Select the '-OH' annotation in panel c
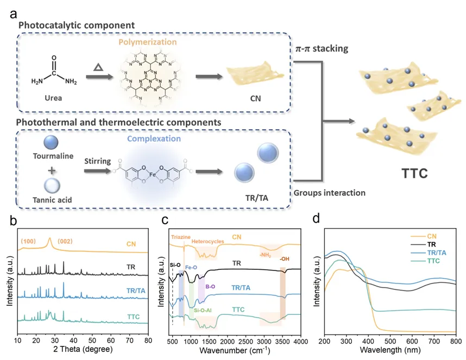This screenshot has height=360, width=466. pyautogui.click(x=284, y=259)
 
